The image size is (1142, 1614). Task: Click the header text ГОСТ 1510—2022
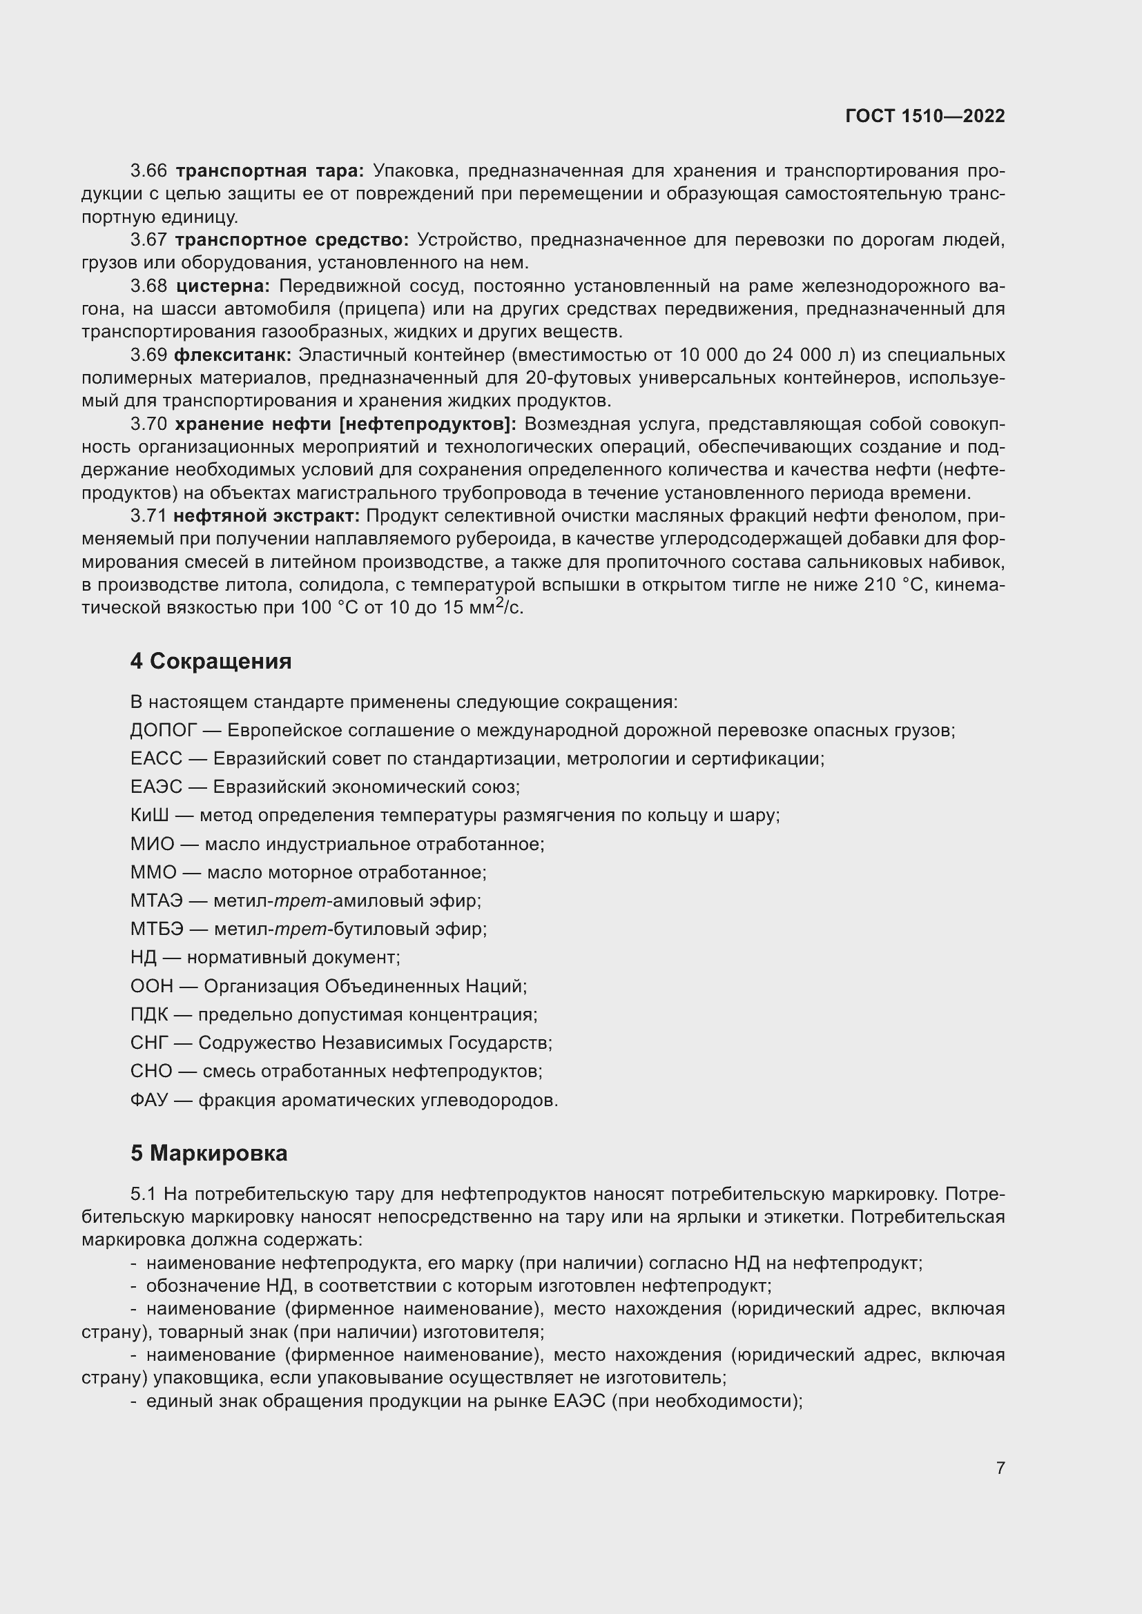[925, 117]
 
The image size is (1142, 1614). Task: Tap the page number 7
[1000, 1468]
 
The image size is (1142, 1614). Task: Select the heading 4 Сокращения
[211, 661]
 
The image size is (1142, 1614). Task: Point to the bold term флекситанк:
[233, 355]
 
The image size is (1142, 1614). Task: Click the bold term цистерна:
[223, 286]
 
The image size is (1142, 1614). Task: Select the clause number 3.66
[148, 171]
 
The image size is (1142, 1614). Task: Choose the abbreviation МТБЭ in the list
[157, 929]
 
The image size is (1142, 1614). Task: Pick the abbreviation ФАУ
[149, 1099]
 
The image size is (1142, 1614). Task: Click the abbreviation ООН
[151, 985]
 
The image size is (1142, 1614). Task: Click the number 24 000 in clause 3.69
[801, 355]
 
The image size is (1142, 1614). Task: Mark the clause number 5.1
[144, 1194]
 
